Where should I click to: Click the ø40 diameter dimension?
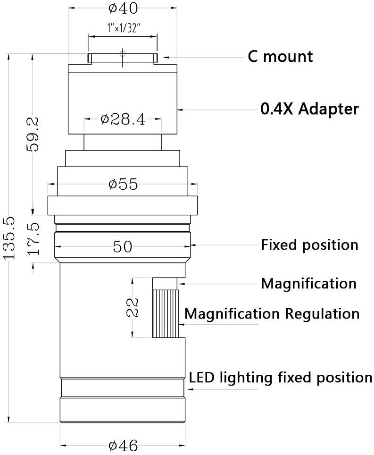pyautogui.click(x=123, y=8)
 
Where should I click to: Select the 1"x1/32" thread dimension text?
pyautogui.click(x=124, y=28)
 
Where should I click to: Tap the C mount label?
pyautogui.click(x=280, y=56)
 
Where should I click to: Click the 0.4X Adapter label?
pyautogui.click(x=309, y=109)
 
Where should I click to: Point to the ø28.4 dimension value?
pyautogui.click(x=123, y=119)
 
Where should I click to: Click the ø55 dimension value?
pyautogui.click(x=123, y=184)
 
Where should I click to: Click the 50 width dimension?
pyautogui.click(x=122, y=247)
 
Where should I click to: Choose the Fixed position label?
pyautogui.click(x=310, y=244)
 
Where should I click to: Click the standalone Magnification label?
pyautogui.click(x=309, y=284)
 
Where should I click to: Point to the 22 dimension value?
pyautogui.click(x=133, y=307)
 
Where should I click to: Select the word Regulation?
pyautogui.click(x=322, y=314)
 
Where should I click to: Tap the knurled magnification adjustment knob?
pyautogui.click(x=165, y=314)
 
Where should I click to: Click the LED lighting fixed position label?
pyautogui.click(x=281, y=378)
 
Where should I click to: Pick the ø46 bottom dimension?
pyautogui.click(x=123, y=446)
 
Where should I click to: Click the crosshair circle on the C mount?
pyautogui.click(x=123, y=53)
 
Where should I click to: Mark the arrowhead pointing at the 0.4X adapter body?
pyautogui.click(x=180, y=110)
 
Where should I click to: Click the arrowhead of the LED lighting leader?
pyautogui.click(x=191, y=389)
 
